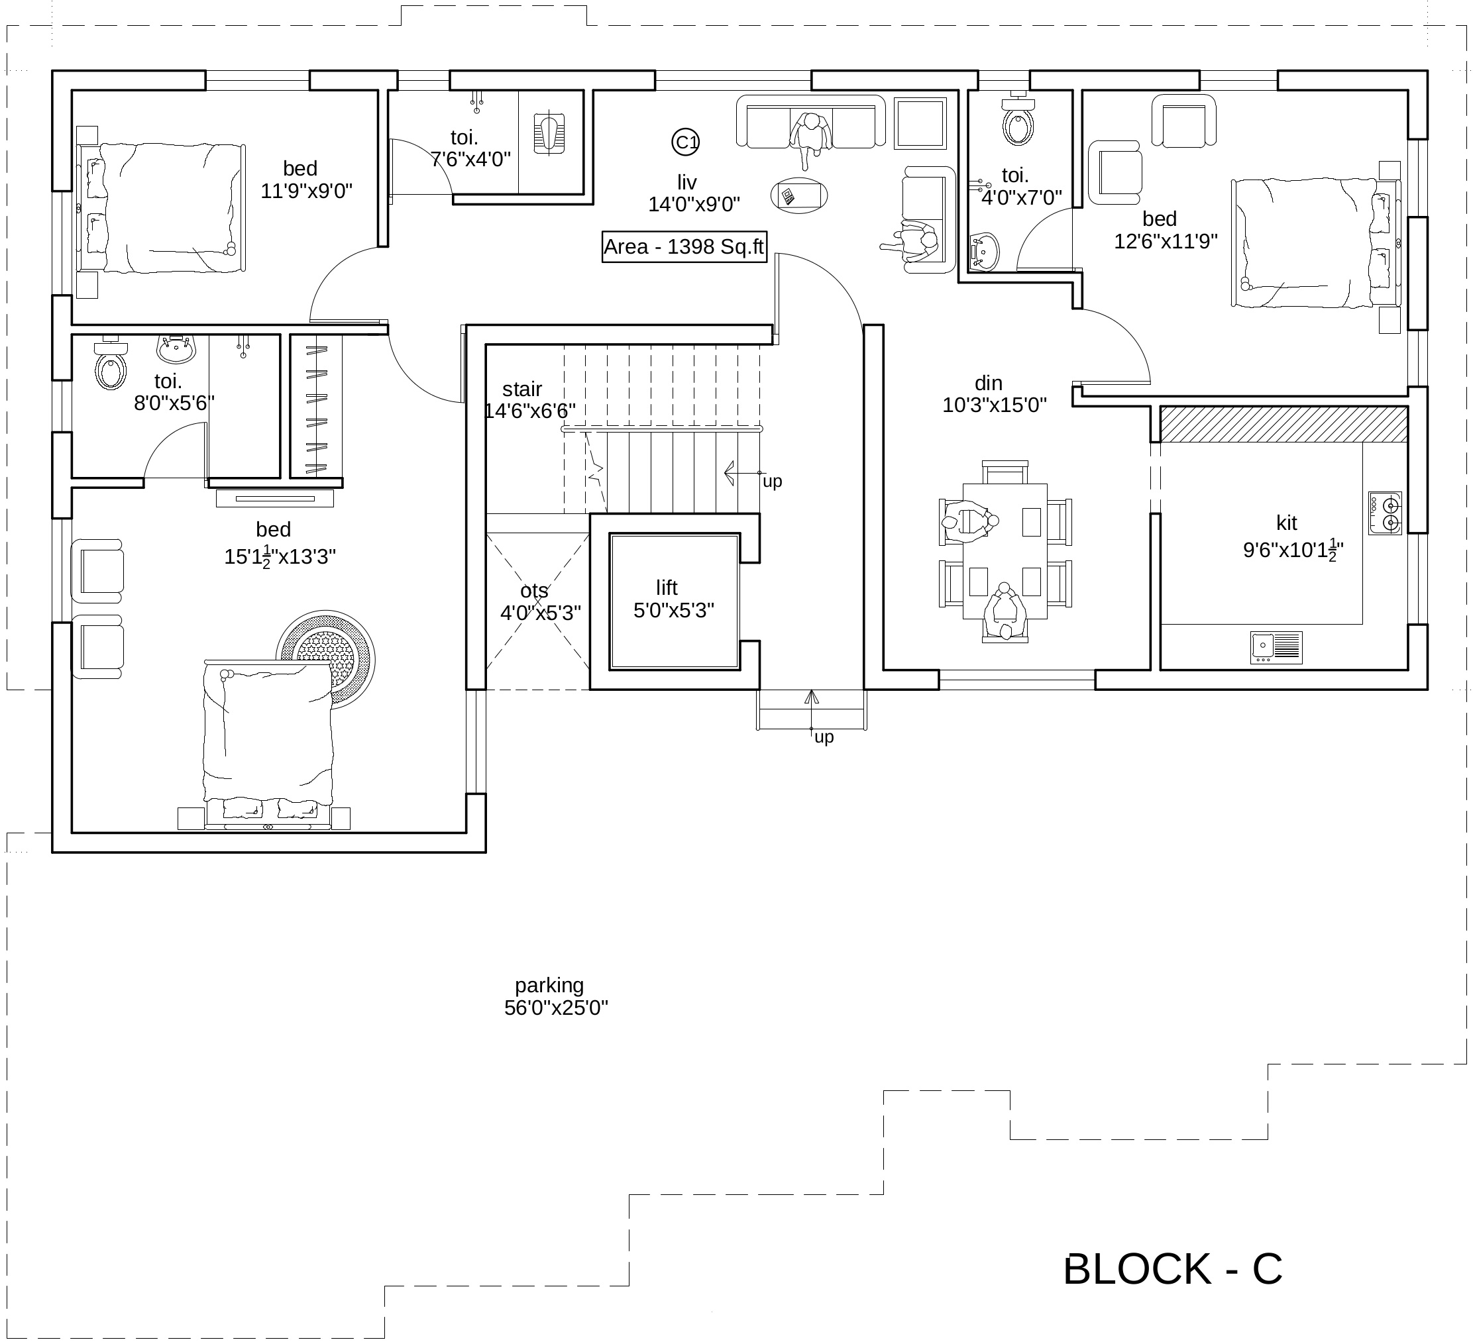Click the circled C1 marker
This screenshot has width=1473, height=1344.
pos(685,142)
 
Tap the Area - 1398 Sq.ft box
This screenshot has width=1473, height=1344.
pos(684,247)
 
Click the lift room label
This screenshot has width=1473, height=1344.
pos(667,588)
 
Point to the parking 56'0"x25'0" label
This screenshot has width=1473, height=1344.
pos(555,996)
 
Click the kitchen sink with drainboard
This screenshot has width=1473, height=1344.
pos(1276,647)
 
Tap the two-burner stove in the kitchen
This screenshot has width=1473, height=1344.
pos(1386,513)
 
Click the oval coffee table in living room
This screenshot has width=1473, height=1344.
pos(798,196)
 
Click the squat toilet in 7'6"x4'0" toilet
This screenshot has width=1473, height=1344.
pos(549,132)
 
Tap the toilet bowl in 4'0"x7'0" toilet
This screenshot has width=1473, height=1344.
pos(1018,124)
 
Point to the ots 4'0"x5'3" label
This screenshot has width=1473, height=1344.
pos(539,602)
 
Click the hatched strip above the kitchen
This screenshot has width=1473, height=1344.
pos(1283,424)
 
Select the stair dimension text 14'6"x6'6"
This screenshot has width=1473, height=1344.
pos(529,411)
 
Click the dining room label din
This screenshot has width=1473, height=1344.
pos(988,383)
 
